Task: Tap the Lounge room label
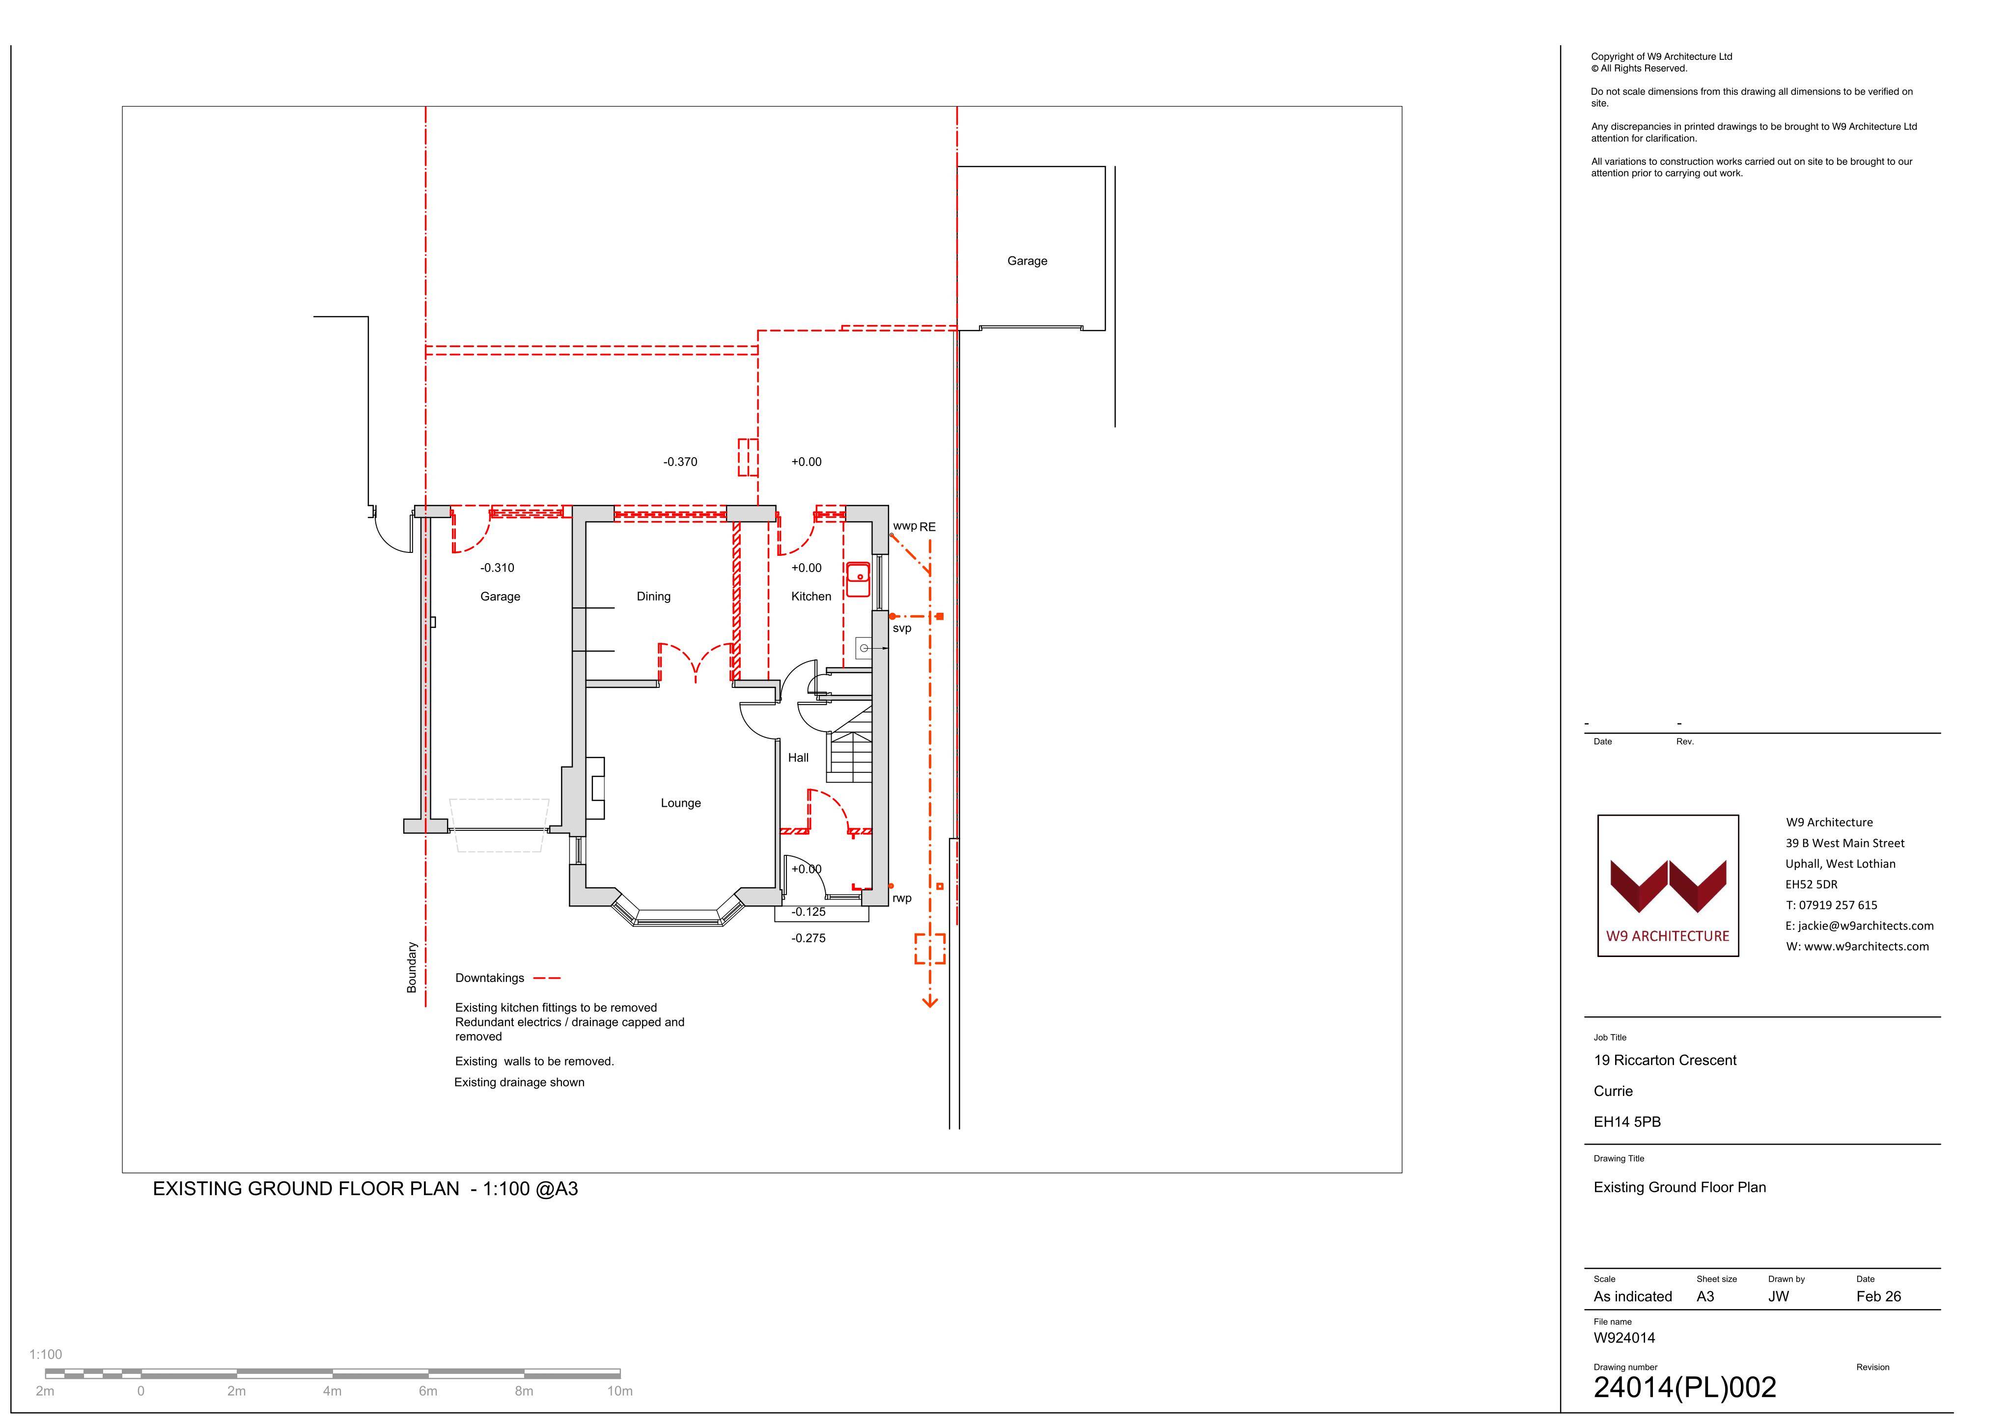click(x=681, y=803)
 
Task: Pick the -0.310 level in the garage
click(x=497, y=568)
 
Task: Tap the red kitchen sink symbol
click(x=859, y=579)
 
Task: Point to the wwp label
click(x=904, y=526)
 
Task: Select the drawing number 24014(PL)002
click(x=1684, y=1388)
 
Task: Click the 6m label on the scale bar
click(x=428, y=1392)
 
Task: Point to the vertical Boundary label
click(x=412, y=967)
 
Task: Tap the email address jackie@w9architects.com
click(x=1860, y=926)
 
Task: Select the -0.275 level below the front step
click(x=808, y=938)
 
